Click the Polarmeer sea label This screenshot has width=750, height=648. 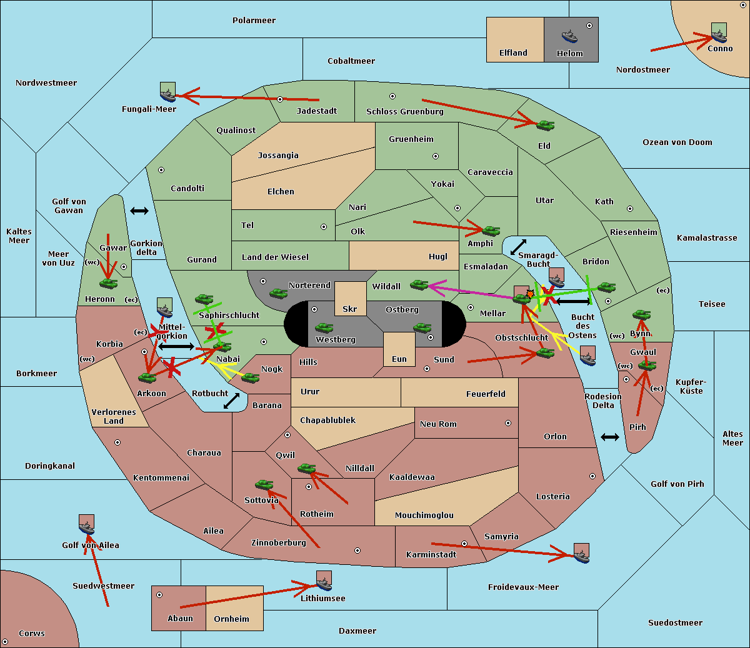(x=254, y=21)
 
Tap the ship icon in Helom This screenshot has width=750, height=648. (x=569, y=36)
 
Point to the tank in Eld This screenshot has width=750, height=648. (x=545, y=126)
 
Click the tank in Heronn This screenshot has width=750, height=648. (x=109, y=284)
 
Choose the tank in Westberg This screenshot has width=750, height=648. (x=324, y=328)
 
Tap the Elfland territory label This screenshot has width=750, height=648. (x=513, y=53)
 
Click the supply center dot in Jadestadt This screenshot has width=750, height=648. (x=280, y=99)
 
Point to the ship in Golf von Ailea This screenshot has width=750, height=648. (x=86, y=526)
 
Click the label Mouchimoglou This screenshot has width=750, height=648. (x=424, y=516)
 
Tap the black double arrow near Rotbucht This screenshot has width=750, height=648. (x=231, y=401)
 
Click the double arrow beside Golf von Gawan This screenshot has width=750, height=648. (x=139, y=211)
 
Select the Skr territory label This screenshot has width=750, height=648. (x=350, y=309)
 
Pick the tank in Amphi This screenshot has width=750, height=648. (x=491, y=231)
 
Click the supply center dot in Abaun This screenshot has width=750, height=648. (x=159, y=595)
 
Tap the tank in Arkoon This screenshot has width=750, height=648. (x=147, y=378)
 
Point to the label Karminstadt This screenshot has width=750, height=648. (x=431, y=555)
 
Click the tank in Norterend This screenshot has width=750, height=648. (x=278, y=294)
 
